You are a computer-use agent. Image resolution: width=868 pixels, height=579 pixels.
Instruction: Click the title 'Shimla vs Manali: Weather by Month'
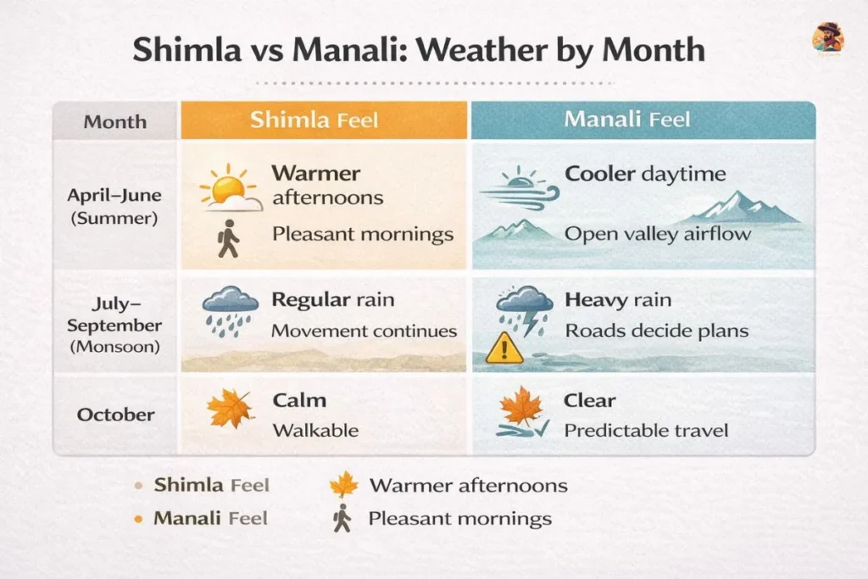(x=419, y=50)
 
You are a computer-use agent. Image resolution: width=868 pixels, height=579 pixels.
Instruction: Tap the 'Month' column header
(x=114, y=122)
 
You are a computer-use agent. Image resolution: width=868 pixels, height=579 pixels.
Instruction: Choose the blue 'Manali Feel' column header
(x=626, y=120)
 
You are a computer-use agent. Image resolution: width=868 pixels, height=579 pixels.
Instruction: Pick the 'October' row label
(x=116, y=415)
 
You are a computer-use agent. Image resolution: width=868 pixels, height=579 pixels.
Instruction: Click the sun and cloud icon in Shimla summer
(x=230, y=188)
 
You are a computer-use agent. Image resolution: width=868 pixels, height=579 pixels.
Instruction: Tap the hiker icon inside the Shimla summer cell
(x=227, y=238)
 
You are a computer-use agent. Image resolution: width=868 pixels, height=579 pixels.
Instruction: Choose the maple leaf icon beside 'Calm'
(x=230, y=409)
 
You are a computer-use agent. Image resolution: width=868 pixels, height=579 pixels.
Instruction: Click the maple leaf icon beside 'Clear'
(x=520, y=406)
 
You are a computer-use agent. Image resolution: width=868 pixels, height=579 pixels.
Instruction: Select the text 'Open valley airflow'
(x=657, y=233)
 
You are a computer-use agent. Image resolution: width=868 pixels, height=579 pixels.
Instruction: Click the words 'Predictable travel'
(x=646, y=431)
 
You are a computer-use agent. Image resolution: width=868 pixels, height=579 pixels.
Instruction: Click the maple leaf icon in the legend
(x=343, y=485)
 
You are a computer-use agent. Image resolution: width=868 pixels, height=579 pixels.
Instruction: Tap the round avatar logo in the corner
(x=827, y=38)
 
